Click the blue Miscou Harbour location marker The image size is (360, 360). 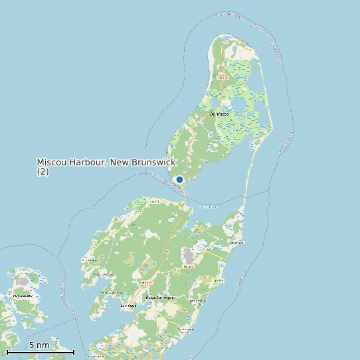[179, 179]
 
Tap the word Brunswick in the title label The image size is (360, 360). [153, 162]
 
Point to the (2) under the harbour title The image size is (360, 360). [43, 171]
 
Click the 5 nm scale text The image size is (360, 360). [39, 345]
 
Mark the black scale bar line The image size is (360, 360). [40, 352]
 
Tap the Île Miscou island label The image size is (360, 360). [219, 114]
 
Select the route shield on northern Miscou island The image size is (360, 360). [223, 78]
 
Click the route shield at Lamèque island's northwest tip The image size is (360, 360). [155, 201]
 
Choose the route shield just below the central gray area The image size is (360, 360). [187, 266]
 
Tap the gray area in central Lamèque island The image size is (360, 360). [190, 256]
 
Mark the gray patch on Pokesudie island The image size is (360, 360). [22, 282]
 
